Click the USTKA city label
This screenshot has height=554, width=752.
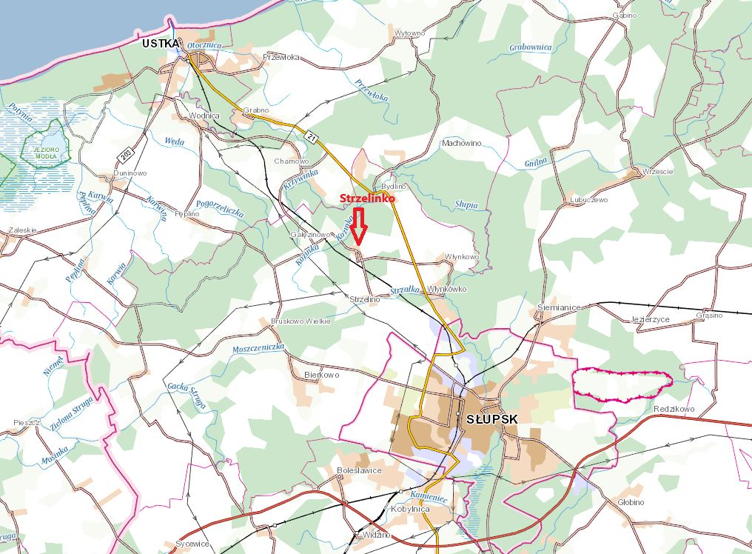(161, 44)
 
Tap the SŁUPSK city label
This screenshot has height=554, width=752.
(492, 418)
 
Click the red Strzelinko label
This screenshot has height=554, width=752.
(367, 198)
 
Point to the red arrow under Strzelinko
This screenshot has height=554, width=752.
(359, 227)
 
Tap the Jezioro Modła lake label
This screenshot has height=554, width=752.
(46, 153)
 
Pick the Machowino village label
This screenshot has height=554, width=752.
(461, 143)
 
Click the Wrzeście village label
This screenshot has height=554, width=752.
(658, 171)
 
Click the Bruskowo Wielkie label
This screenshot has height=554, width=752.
(301, 321)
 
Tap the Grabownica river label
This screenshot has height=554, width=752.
(530, 47)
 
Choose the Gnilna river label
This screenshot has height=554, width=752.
(535, 160)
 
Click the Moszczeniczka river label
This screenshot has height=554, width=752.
(258, 347)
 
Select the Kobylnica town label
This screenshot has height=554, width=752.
(409, 510)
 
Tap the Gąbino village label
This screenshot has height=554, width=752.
(625, 15)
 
